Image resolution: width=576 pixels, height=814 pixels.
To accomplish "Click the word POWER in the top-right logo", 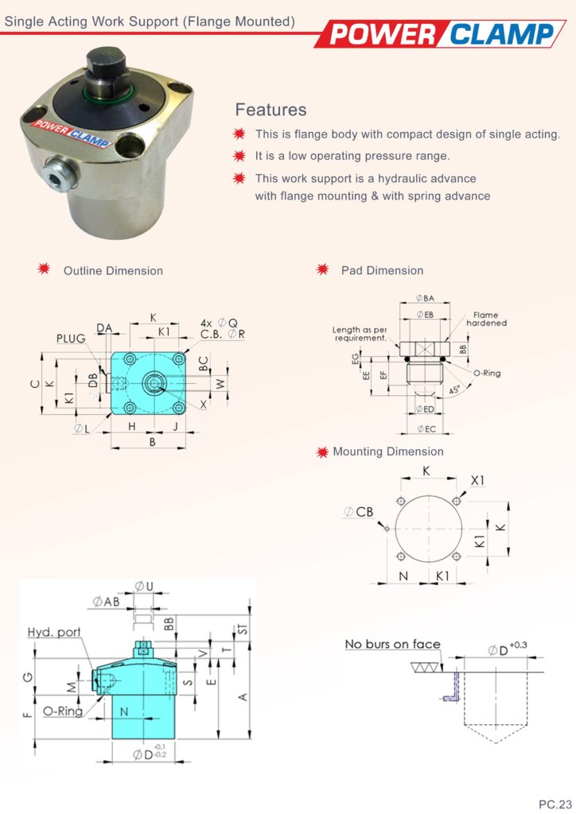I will pos(381,34).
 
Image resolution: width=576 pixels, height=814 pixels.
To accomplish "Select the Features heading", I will pos(270,110).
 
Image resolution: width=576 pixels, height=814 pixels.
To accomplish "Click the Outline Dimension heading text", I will pos(113,271).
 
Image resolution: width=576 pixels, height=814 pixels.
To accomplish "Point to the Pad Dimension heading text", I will pos(382,271).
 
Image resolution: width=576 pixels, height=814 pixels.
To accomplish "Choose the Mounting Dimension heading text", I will pos(388,452).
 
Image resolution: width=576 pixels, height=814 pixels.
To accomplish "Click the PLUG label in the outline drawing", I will pos(71,339).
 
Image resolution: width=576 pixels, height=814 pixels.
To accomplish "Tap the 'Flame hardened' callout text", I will pos(486,320).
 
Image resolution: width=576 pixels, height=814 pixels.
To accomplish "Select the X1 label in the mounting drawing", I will pos(477,481).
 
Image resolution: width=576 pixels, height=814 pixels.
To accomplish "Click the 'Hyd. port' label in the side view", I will pos(54,633).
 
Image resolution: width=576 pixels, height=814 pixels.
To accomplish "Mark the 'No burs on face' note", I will pos(392,644).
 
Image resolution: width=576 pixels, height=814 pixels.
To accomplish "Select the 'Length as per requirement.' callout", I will pos(360,334).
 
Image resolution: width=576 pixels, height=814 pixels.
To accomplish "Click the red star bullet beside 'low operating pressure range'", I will pos(239,156).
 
